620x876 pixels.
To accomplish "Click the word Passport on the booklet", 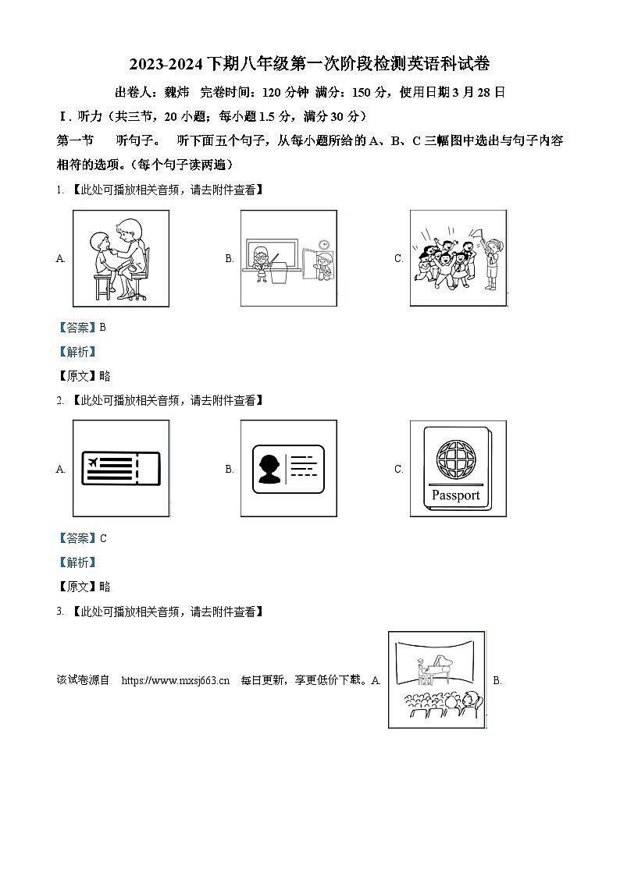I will click(x=455, y=495).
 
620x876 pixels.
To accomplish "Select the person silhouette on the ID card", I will click(x=270, y=467).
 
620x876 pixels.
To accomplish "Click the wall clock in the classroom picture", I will click(x=322, y=244).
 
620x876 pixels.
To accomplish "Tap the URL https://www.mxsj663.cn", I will click(x=176, y=680).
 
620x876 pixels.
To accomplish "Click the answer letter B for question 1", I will click(x=102, y=328).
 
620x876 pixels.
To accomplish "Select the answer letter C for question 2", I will click(x=102, y=538).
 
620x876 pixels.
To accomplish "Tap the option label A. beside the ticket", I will click(x=61, y=470).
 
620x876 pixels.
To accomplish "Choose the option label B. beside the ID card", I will click(x=230, y=470).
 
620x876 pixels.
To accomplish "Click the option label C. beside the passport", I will click(x=399, y=470).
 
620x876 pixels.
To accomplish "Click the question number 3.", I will click(x=59, y=612).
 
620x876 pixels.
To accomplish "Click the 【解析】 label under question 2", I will click(x=77, y=562).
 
